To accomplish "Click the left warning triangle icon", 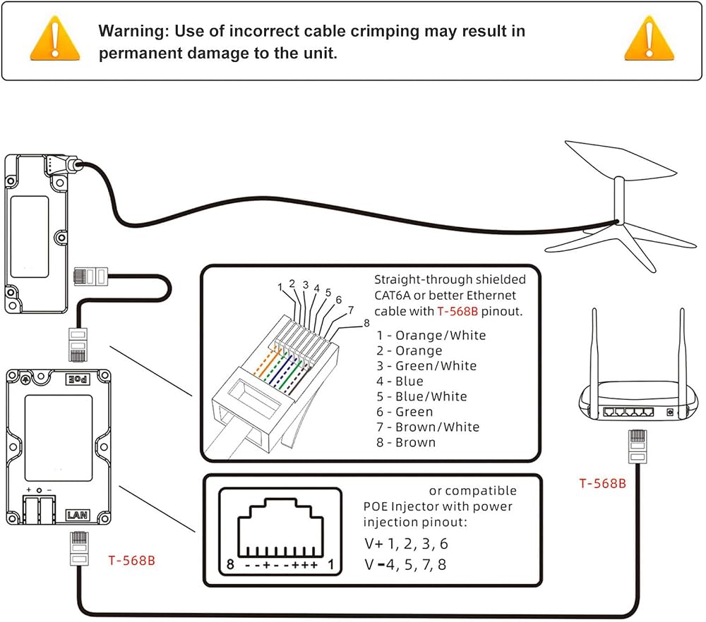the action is coord(55,39).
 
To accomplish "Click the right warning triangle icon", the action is coord(649,39).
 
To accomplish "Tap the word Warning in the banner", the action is coord(133,31).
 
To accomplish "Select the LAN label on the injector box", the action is coord(77,515).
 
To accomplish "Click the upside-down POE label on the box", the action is coord(78,379).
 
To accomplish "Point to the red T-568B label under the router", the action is coord(602,484).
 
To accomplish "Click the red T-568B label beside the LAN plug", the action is coord(131,561).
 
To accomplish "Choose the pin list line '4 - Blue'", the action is coord(400,381).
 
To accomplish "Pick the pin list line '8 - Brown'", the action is coord(406,442).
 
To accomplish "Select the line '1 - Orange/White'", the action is coord(431,335).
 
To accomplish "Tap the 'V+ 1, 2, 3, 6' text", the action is coord(406,543).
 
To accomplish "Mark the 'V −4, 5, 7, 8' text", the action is coord(405,564).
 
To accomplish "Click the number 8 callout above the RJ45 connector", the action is coord(366,323).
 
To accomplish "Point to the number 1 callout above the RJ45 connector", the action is coord(280,286).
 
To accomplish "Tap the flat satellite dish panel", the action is coord(621,160).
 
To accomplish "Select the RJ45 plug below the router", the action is coord(638,446).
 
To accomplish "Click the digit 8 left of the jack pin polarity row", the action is coord(230,564).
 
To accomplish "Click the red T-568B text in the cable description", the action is coord(457,311).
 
